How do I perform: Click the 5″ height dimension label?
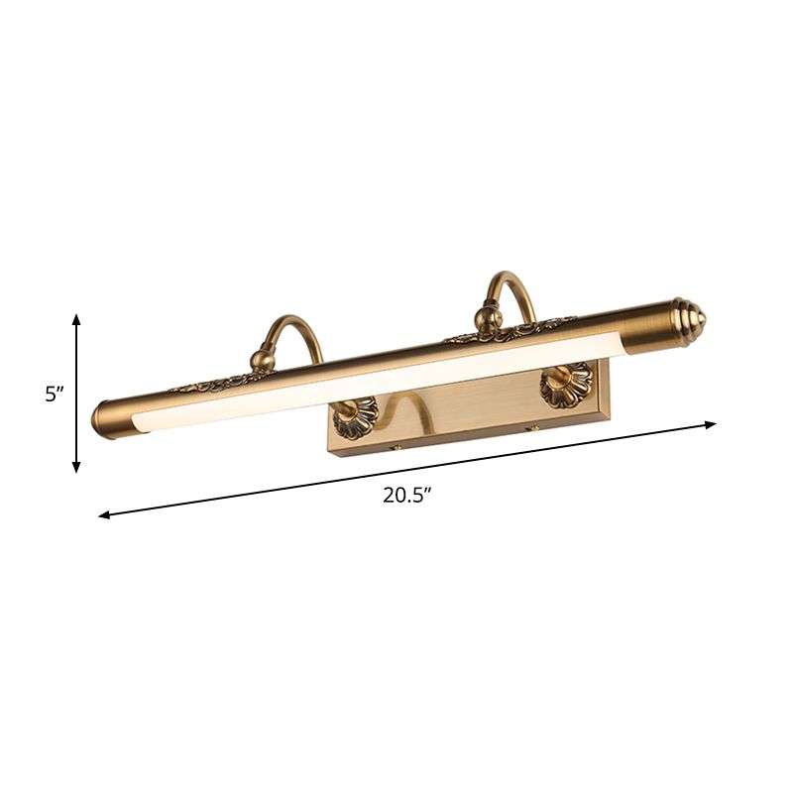(54, 394)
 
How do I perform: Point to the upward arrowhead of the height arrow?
(76, 319)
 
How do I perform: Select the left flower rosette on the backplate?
(356, 417)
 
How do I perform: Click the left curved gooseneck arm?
(297, 327)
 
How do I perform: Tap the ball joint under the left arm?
(263, 356)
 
